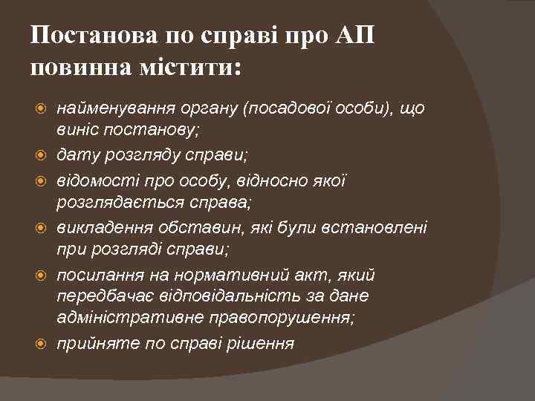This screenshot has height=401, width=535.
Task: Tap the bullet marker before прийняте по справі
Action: [x=42, y=342]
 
